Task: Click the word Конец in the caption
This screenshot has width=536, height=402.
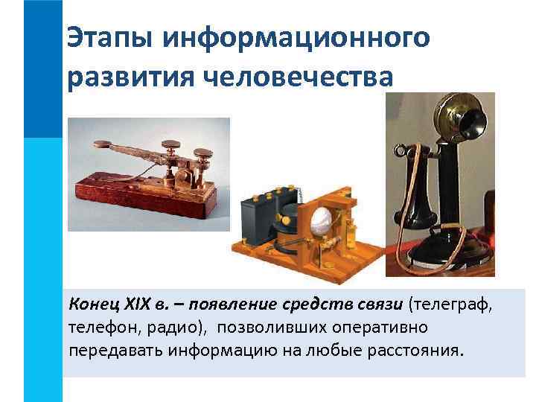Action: (90, 304)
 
